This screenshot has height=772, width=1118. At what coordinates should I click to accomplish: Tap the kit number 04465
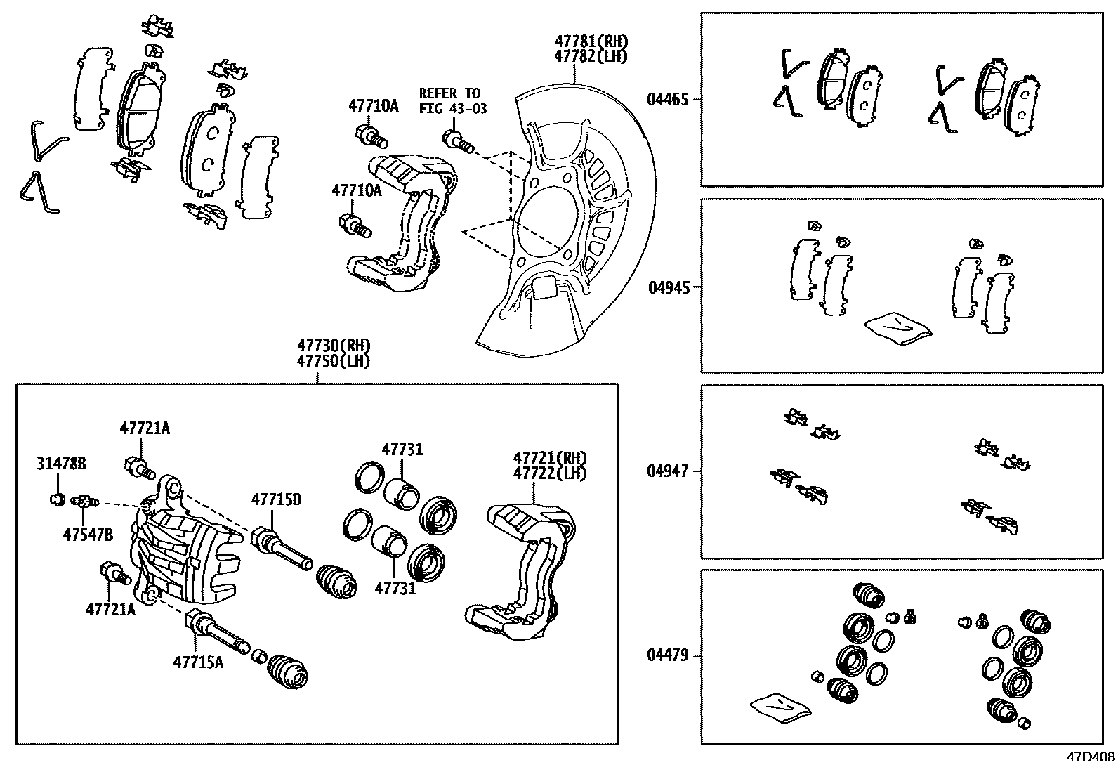click(667, 100)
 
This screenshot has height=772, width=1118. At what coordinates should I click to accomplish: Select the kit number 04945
click(667, 287)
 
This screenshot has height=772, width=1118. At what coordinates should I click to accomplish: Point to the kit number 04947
click(667, 471)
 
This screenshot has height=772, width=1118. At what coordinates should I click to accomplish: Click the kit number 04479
click(667, 656)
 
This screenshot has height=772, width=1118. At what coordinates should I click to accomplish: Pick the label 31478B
click(62, 464)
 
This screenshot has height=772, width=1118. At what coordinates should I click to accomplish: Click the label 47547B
click(88, 534)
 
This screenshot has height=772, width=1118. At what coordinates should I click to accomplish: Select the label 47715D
click(277, 499)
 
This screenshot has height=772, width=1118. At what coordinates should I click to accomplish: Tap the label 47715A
click(199, 662)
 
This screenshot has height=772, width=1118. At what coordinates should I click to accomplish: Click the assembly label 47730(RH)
click(333, 346)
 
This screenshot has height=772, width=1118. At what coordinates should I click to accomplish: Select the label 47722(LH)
click(549, 473)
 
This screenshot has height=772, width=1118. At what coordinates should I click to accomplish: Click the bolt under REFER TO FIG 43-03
click(457, 141)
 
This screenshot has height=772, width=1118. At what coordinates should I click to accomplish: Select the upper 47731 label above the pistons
click(402, 449)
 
